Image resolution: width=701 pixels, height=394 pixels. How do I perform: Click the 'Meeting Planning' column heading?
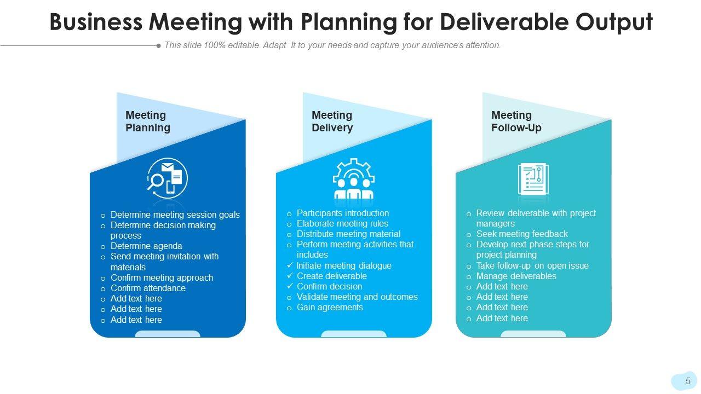147,121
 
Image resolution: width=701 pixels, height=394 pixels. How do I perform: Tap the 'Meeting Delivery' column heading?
332,121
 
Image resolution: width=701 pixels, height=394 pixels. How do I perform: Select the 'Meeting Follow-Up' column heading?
516,121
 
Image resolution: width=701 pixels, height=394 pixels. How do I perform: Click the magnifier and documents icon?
168,178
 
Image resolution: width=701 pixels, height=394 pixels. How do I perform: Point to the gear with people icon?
353,179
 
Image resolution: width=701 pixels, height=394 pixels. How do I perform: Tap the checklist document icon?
533,179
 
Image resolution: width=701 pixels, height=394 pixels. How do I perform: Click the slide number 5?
688,381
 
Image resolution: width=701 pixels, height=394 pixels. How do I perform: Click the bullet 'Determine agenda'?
146,246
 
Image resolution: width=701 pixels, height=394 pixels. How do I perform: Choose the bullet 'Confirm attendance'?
148,288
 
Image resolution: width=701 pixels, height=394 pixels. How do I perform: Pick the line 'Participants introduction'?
342,213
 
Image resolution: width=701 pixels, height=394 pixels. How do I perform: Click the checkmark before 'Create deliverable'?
290,276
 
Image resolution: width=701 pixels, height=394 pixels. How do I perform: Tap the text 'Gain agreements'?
330,307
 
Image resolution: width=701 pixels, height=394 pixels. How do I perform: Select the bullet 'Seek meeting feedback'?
521,234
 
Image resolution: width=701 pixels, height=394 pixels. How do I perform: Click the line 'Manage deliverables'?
516,276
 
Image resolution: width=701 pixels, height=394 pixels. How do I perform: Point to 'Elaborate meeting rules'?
342,223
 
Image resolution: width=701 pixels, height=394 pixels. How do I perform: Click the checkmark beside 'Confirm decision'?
290,286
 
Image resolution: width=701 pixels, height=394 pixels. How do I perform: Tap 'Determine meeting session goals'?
175,215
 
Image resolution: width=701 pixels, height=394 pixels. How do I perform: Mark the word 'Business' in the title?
95,22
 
